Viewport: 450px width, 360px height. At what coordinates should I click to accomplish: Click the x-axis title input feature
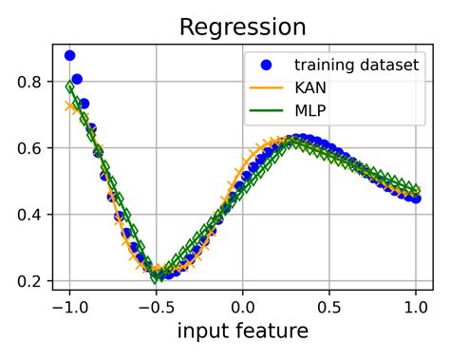242,332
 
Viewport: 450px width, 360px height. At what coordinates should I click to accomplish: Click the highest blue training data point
69,56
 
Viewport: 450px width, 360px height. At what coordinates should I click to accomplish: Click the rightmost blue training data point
416,199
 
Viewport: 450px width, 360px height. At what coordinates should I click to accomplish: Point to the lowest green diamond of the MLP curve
157,276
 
